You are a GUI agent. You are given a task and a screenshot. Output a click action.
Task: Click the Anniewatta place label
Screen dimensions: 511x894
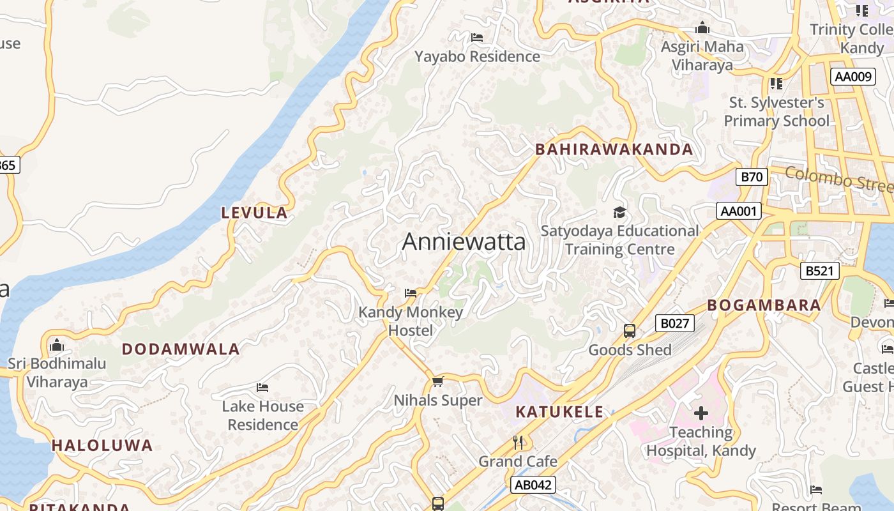coord(464,241)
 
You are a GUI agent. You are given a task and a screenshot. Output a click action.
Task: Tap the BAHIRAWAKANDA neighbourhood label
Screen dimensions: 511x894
coord(614,149)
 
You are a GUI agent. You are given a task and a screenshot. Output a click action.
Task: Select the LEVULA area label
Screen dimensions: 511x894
coord(254,213)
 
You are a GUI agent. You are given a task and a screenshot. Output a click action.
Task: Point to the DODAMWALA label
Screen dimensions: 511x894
coord(181,349)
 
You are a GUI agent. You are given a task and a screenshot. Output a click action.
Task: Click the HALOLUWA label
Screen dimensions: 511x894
coord(102,446)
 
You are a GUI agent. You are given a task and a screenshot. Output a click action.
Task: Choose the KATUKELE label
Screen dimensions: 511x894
coord(559,412)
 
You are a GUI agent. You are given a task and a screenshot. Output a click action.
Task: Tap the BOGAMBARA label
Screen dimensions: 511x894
coord(764,305)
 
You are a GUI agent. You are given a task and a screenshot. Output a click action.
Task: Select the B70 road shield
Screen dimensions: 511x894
coord(752,177)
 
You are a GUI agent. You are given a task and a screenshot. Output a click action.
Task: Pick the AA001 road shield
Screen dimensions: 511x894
coord(739,211)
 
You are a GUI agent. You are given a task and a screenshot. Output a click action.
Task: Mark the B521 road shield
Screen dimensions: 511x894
coord(819,271)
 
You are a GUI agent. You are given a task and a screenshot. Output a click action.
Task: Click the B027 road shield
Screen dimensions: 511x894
coord(674,323)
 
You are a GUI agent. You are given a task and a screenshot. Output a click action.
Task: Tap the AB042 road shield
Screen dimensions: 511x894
coord(533,485)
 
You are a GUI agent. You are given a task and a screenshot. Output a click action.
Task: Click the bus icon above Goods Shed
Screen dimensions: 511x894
coord(630,331)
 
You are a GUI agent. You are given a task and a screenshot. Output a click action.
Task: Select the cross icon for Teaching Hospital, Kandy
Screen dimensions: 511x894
coord(701,413)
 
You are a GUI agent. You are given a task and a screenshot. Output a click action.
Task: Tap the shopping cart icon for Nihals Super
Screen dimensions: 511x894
coord(437,382)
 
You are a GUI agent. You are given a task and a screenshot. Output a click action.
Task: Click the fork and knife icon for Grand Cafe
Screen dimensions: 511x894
coord(519,442)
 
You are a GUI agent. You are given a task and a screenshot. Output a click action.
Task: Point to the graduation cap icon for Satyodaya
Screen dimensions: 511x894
coord(619,212)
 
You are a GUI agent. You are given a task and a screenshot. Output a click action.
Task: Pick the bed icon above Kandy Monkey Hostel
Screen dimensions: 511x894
coord(411,293)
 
